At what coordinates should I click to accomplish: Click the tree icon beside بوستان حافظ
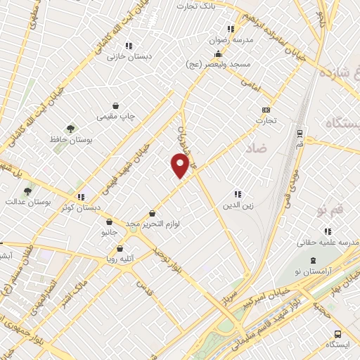click(70, 129)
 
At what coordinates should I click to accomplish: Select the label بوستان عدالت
click(29, 202)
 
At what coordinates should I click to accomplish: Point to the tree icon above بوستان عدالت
click(27, 191)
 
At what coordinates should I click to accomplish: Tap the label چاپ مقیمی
click(116, 115)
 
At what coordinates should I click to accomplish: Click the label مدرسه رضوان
click(225, 40)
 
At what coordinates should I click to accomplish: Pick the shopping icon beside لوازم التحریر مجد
click(151, 214)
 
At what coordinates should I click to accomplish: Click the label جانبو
click(107, 231)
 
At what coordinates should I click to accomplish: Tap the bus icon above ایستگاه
click(337, 334)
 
